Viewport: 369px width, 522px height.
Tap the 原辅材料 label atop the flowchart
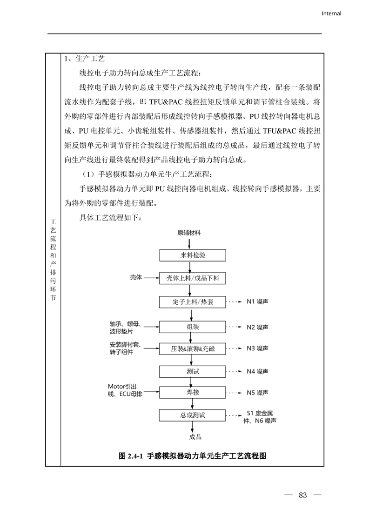click(x=189, y=232)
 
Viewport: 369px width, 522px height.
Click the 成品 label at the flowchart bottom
click(x=195, y=437)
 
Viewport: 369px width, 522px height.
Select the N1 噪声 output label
click(x=257, y=302)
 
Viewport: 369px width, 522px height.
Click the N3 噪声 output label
click(x=257, y=348)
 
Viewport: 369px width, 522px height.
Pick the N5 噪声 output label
click(x=257, y=393)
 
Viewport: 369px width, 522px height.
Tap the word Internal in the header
click(x=331, y=13)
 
